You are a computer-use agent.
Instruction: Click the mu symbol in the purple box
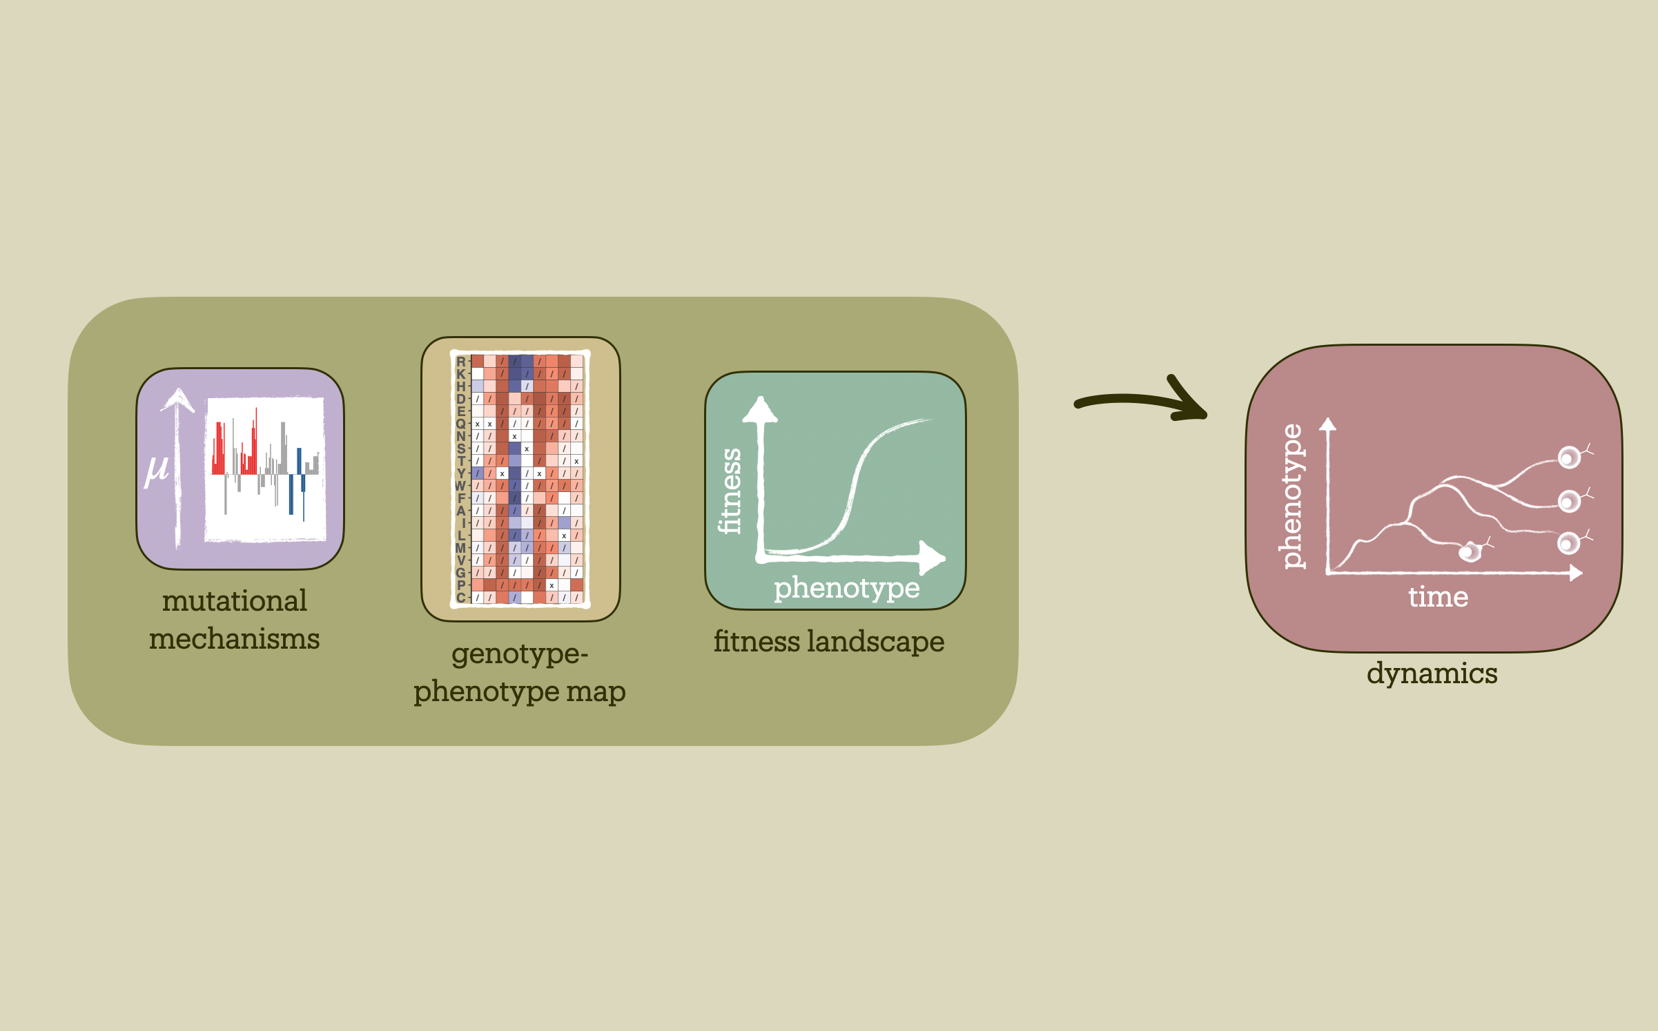pyautogui.click(x=156, y=471)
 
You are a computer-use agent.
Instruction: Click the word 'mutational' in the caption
pyautogui.click(x=234, y=600)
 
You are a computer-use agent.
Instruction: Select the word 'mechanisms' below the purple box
pyautogui.click(x=234, y=638)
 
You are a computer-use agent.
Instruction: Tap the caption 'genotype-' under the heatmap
pyautogui.click(x=520, y=654)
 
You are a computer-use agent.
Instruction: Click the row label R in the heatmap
pyautogui.click(x=461, y=362)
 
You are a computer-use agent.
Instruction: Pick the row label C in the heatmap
pyautogui.click(x=461, y=598)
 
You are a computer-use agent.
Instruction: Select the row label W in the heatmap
pyautogui.click(x=460, y=486)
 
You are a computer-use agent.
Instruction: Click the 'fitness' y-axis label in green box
pyautogui.click(x=730, y=491)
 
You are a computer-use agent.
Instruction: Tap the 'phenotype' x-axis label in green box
pyautogui.click(x=846, y=589)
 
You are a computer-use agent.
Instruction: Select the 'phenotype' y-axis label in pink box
pyautogui.click(x=1291, y=497)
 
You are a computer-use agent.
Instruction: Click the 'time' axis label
pyautogui.click(x=1438, y=597)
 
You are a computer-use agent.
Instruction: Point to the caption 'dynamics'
pyautogui.click(x=1432, y=674)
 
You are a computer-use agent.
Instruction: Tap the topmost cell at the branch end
pyautogui.click(x=1570, y=458)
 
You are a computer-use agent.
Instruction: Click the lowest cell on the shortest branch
pyautogui.click(x=1470, y=552)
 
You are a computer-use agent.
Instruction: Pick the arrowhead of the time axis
pyautogui.click(x=1576, y=573)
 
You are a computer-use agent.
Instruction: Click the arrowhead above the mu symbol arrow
pyautogui.click(x=178, y=399)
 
